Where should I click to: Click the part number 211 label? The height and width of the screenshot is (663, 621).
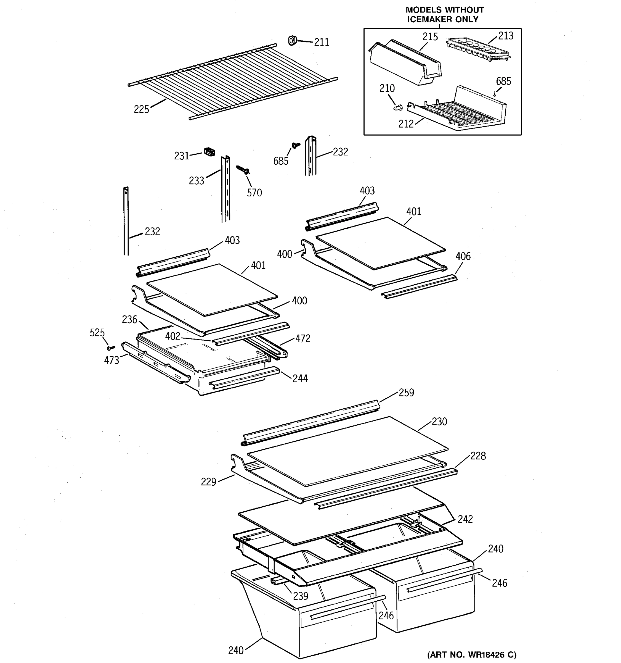coord(321,42)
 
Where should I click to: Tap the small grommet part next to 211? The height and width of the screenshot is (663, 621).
coord(292,40)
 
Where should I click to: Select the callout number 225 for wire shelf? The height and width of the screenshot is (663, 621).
coord(141,109)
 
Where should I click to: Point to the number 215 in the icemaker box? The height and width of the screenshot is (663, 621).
coord(430,37)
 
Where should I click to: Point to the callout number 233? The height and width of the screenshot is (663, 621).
coord(196,181)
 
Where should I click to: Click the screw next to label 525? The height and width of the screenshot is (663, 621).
coord(111,348)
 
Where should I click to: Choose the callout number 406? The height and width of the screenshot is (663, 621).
coord(463,256)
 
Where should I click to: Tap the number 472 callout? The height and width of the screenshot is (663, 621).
coord(302,338)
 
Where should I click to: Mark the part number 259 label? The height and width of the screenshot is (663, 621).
coord(406,393)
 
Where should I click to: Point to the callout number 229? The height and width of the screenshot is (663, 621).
coord(208,482)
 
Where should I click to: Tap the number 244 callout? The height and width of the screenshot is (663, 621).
coord(300,378)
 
